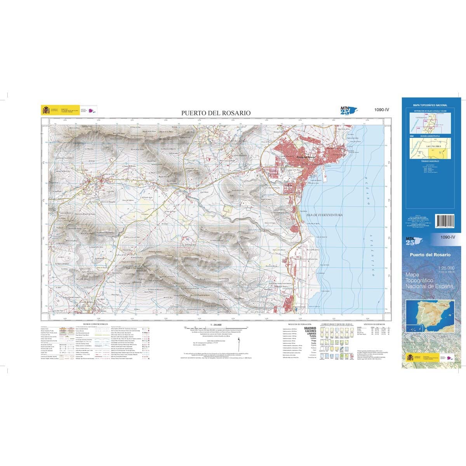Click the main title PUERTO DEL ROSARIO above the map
click(x=216, y=113)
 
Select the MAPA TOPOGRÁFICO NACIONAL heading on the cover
click(x=429, y=105)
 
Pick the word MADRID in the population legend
click(x=311, y=329)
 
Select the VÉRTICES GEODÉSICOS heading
click(x=374, y=323)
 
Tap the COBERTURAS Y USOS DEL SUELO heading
click(x=336, y=323)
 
